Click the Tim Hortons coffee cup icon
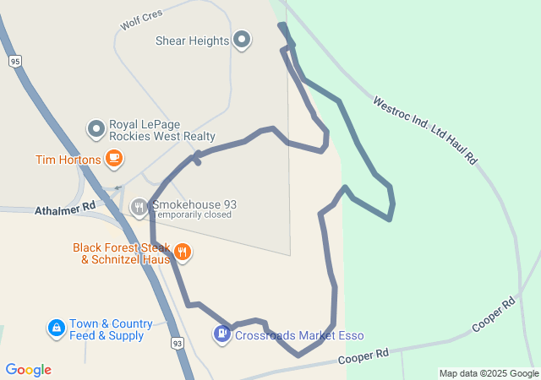click(x=114, y=158)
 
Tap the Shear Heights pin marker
click(x=243, y=40)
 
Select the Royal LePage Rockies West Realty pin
click(x=96, y=128)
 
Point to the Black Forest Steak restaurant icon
click(x=182, y=252)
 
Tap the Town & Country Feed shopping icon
click(x=56, y=328)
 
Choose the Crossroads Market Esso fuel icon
click(x=221, y=334)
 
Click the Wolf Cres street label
click(x=140, y=17)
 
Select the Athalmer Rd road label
click(x=65, y=209)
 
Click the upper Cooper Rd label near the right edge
click(x=494, y=314)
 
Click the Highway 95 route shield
click(x=14, y=61)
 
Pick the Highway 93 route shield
click(x=177, y=343)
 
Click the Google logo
click(x=28, y=370)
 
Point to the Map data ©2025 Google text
click(x=489, y=373)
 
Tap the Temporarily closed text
click(x=194, y=214)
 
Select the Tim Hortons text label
click(x=68, y=159)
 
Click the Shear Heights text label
click(x=193, y=41)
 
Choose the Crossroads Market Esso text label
click(x=299, y=335)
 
